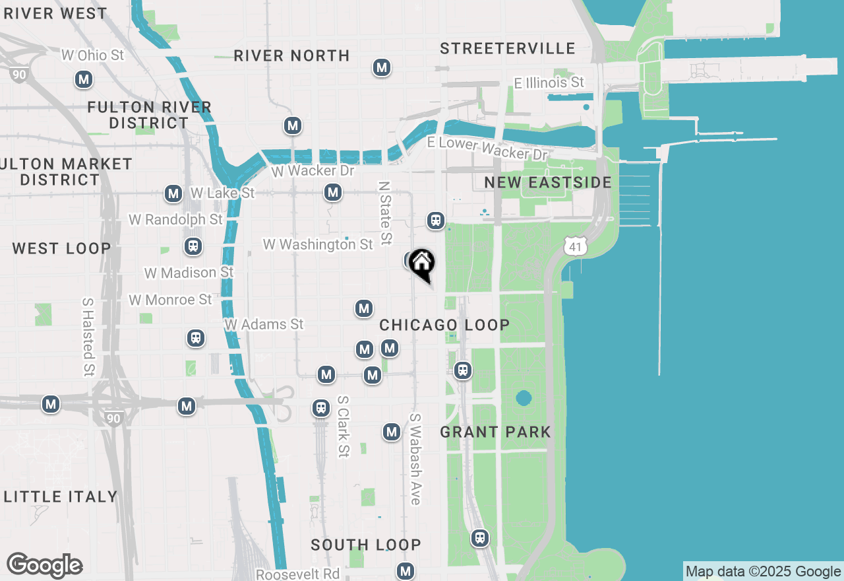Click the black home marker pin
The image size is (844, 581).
[x=421, y=265]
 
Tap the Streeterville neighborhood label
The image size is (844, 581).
[x=507, y=48]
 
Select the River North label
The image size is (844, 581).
[x=291, y=55]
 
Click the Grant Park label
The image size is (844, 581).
[x=495, y=432]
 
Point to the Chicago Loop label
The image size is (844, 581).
[x=444, y=325]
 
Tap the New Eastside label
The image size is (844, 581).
[x=548, y=182]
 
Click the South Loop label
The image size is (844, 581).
[x=365, y=545]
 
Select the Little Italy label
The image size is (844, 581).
[x=61, y=496]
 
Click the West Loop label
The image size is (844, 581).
[x=61, y=248]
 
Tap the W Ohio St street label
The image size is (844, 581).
[x=92, y=55]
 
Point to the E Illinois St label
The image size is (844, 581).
[x=549, y=83]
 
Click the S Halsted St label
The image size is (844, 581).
[x=88, y=337]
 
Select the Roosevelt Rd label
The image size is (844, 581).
[x=297, y=574]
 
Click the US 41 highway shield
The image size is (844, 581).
[x=575, y=247]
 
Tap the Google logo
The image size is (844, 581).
[x=44, y=565]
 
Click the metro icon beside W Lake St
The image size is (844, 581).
[x=173, y=193]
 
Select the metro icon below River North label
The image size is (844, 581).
[x=381, y=67]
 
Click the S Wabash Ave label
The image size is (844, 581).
[x=415, y=459]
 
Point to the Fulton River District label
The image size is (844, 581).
[x=149, y=115]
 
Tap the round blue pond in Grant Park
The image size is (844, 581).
[x=524, y=398]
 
